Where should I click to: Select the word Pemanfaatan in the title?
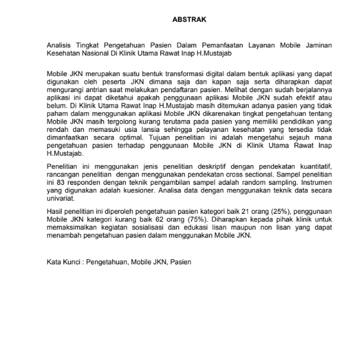[215, 45]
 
